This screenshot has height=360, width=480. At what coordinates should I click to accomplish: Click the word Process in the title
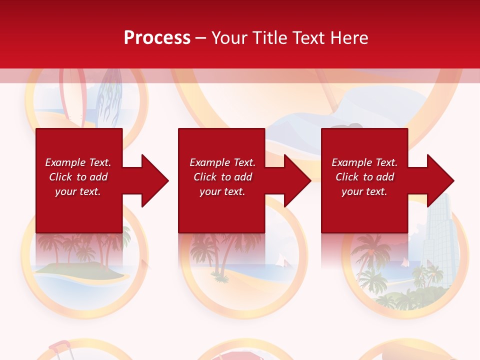pos(157,38)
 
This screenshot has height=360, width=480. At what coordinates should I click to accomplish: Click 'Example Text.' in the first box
pos(78,162)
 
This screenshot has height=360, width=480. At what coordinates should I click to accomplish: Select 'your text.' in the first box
pos(78,191)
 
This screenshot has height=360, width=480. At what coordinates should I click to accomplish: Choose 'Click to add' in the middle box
pos(222,177)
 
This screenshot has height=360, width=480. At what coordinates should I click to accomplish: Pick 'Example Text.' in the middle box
pos(222,162)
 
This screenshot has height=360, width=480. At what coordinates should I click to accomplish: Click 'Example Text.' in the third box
pos(364,162)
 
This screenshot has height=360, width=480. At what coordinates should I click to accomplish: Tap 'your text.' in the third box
pos(364,191)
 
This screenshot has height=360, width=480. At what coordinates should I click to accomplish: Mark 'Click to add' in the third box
pos(364,177)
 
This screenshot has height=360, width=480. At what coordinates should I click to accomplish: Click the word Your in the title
pos(230,38)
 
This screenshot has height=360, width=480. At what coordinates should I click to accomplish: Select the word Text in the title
pos(308,38)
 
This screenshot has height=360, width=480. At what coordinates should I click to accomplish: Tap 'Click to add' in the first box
pos(78,177)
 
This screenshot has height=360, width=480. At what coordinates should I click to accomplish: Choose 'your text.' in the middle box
pos(222,191)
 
